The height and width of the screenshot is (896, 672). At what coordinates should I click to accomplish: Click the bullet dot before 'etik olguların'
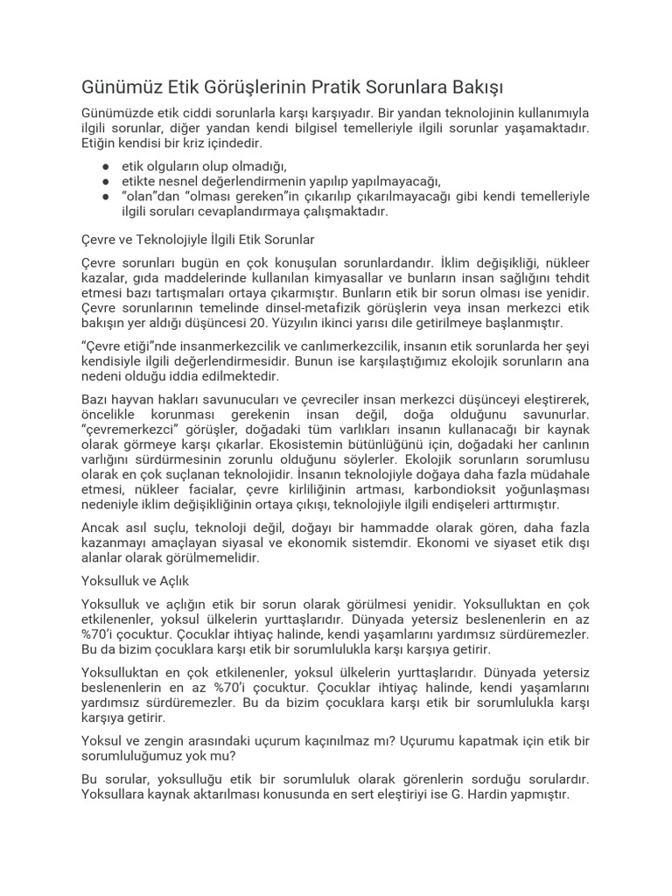pos(105,165)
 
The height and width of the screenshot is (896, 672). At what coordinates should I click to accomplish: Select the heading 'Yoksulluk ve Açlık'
pos(134,580)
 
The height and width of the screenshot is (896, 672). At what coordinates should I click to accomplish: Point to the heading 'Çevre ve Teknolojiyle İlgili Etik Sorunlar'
pos(197,238)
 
